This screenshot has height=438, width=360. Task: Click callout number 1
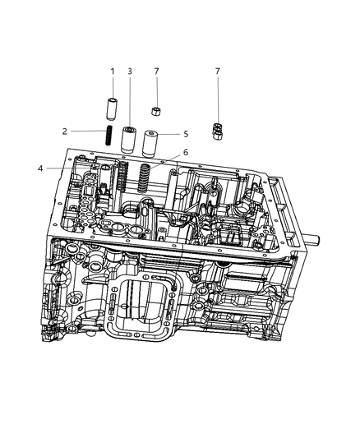113,71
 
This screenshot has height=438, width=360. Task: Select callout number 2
65,131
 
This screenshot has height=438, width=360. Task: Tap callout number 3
130,71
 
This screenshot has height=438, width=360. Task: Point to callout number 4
41,168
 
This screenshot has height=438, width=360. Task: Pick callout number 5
186,134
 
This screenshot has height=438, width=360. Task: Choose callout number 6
186,152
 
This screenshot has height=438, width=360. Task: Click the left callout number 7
157,71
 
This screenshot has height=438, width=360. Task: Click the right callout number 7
218,71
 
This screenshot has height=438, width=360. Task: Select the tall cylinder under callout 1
112,109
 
